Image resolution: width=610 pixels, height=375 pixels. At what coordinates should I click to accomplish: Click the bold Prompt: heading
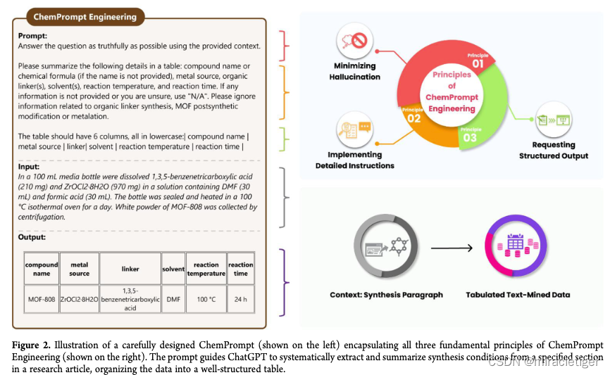tap(32, 35)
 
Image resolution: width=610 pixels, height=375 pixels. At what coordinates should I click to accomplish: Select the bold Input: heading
tap(30, 166)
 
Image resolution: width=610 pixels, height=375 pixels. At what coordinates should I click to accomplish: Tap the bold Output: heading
tap(32, 237)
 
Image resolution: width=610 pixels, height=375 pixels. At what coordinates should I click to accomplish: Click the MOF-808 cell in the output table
tap(42, 299)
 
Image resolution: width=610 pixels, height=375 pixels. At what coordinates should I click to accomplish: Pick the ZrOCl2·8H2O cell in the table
tap(80, 299)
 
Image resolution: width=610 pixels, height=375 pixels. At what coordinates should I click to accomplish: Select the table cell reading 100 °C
tap(206, 299)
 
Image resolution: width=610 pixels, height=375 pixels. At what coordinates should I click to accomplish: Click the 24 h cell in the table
tap(241, 299)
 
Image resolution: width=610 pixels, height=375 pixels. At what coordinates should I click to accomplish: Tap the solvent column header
tap(173, 269)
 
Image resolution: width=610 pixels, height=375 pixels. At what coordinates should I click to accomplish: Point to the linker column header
tap(130, 269)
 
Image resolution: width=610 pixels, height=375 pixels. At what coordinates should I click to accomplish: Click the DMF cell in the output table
tap(173, 299)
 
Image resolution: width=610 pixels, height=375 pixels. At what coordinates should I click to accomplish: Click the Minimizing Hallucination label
tap(356, 72)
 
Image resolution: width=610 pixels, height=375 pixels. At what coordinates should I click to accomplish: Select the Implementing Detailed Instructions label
tap(355, 160)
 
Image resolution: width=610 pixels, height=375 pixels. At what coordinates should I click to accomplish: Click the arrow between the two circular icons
tap(451, 247)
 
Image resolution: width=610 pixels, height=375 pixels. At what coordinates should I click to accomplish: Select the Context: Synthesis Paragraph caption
tap(386, 295)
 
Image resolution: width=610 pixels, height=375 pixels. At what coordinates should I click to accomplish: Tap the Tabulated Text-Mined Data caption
tap(518, 295)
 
